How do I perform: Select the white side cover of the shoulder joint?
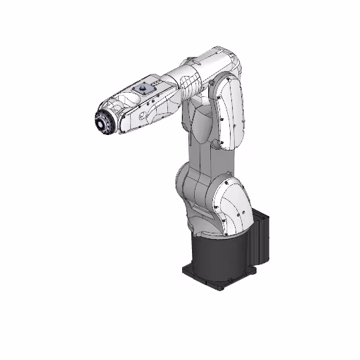tap(232, 207)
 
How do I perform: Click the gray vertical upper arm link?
tap(200, 141)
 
